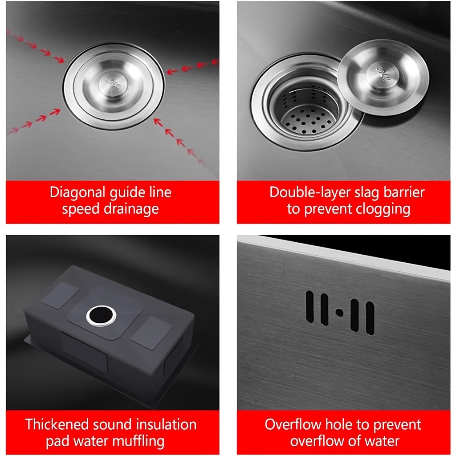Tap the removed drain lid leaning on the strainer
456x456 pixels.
[383, 77]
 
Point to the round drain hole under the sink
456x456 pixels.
[101, 316]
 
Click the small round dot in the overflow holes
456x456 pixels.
[339, 312]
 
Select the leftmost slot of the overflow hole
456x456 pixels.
[310, 307]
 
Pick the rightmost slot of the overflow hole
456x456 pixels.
[370, 318]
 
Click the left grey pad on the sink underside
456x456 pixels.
[60, 295]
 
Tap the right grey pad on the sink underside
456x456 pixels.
[151, 333]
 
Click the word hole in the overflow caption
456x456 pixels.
[339, 424]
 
